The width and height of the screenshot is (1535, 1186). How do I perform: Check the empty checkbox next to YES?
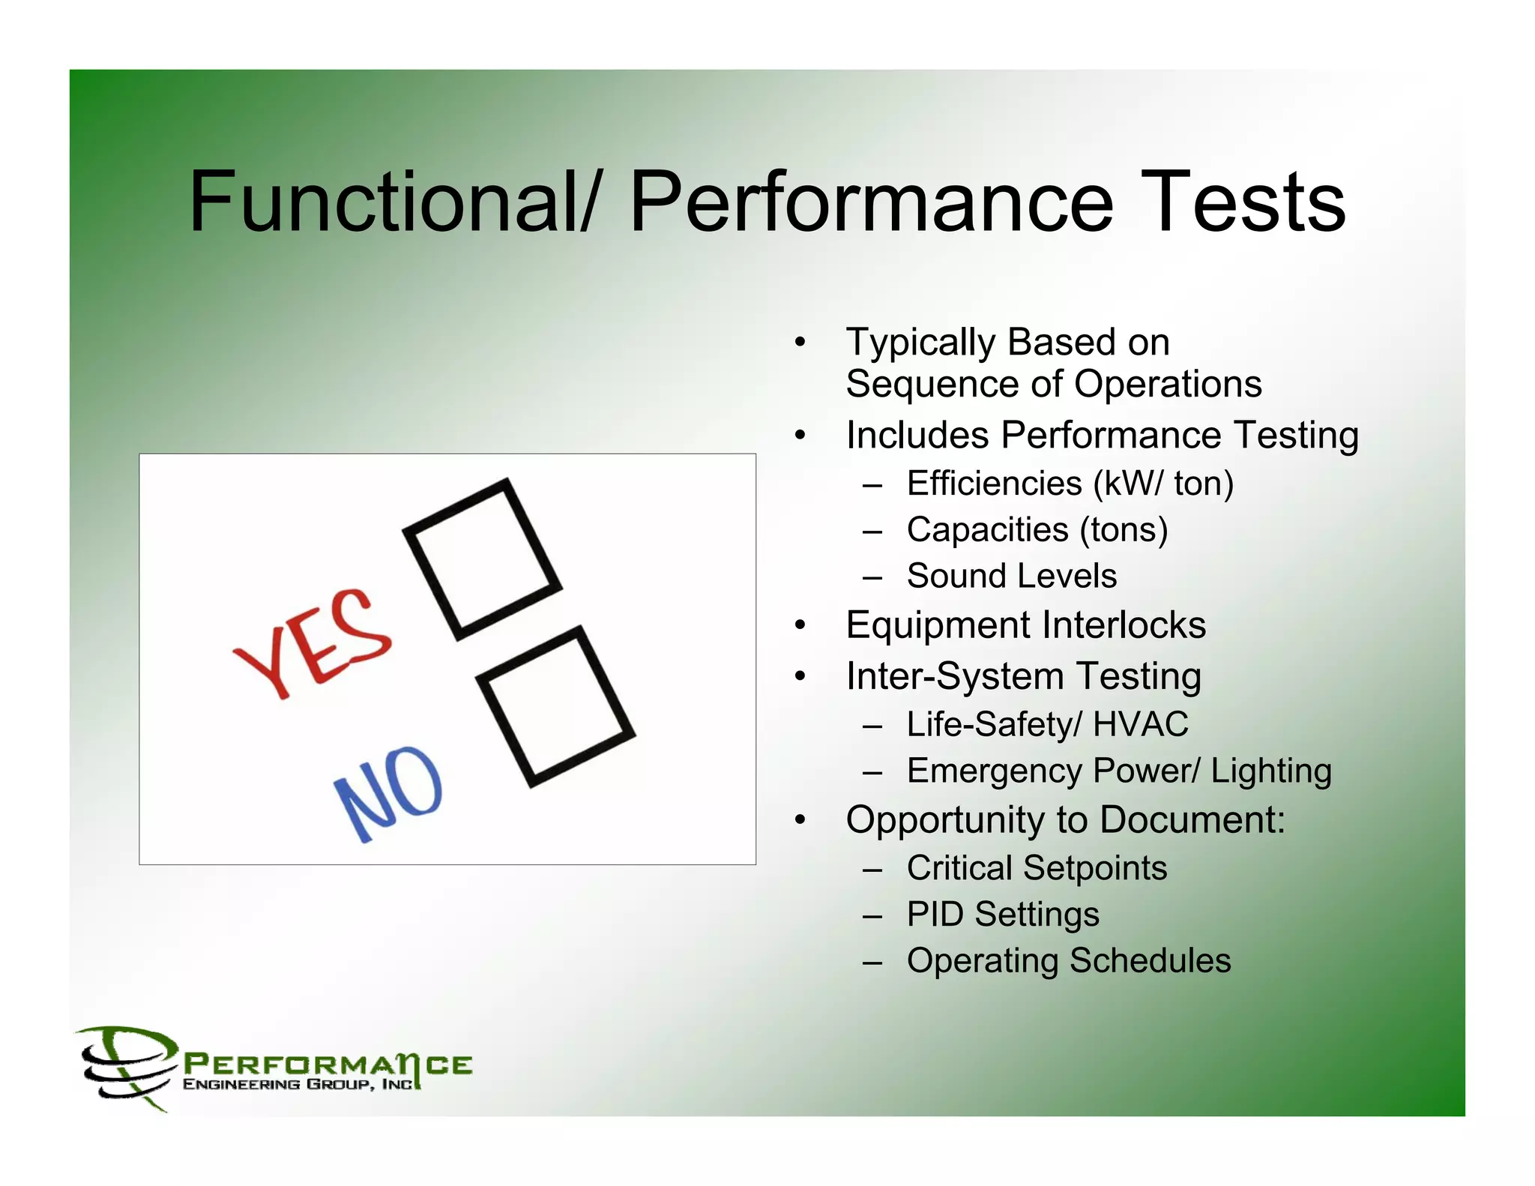point(483,559)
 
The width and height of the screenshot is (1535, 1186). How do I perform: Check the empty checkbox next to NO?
point(556,707)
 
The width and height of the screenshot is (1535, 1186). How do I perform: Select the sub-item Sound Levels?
point(1011,577)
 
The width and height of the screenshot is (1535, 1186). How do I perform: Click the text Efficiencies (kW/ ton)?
point(1070,484)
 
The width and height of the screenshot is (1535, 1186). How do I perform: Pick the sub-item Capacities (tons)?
point(1037,530)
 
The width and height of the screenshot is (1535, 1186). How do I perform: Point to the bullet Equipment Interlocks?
point(1025,625)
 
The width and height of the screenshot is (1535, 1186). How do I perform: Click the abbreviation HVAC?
point(1141,724)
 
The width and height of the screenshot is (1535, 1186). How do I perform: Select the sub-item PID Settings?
point(1003,915)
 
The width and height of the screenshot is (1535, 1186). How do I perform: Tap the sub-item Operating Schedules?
point(1068,961)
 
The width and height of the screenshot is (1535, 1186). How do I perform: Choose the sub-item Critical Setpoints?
point(1037,868)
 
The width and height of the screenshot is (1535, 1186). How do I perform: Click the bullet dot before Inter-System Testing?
point(800,676)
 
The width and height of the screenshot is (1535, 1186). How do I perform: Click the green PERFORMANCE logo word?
point(328,1065)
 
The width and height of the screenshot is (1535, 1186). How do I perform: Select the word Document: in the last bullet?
point(1192,820)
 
